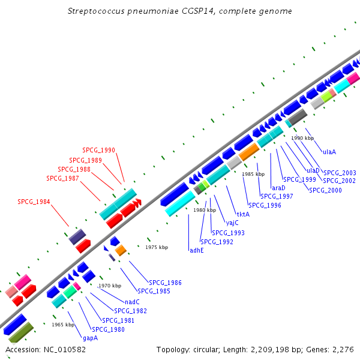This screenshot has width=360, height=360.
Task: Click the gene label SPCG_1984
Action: click(34, 202)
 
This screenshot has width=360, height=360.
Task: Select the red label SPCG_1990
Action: click(98, 150)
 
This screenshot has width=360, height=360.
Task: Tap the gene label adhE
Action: click(196, 250)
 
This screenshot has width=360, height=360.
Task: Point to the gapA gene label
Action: click(90, 338)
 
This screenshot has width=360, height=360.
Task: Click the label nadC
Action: click(132, 302)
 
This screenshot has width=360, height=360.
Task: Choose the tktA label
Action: click(243, 214)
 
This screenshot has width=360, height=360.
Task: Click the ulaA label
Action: click(329, 152)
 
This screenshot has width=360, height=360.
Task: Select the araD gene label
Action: click(278, 188)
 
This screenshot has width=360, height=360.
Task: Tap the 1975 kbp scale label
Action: click(157, 247)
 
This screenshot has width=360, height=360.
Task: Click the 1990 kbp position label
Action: click(302, 138)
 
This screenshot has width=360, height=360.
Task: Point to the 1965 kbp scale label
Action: click(63, 325)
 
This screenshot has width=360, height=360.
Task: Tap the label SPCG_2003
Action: click(340, 173)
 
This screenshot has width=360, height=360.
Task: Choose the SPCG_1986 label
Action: click(165, 283)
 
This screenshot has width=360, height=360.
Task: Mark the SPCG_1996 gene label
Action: click(265, 205)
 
